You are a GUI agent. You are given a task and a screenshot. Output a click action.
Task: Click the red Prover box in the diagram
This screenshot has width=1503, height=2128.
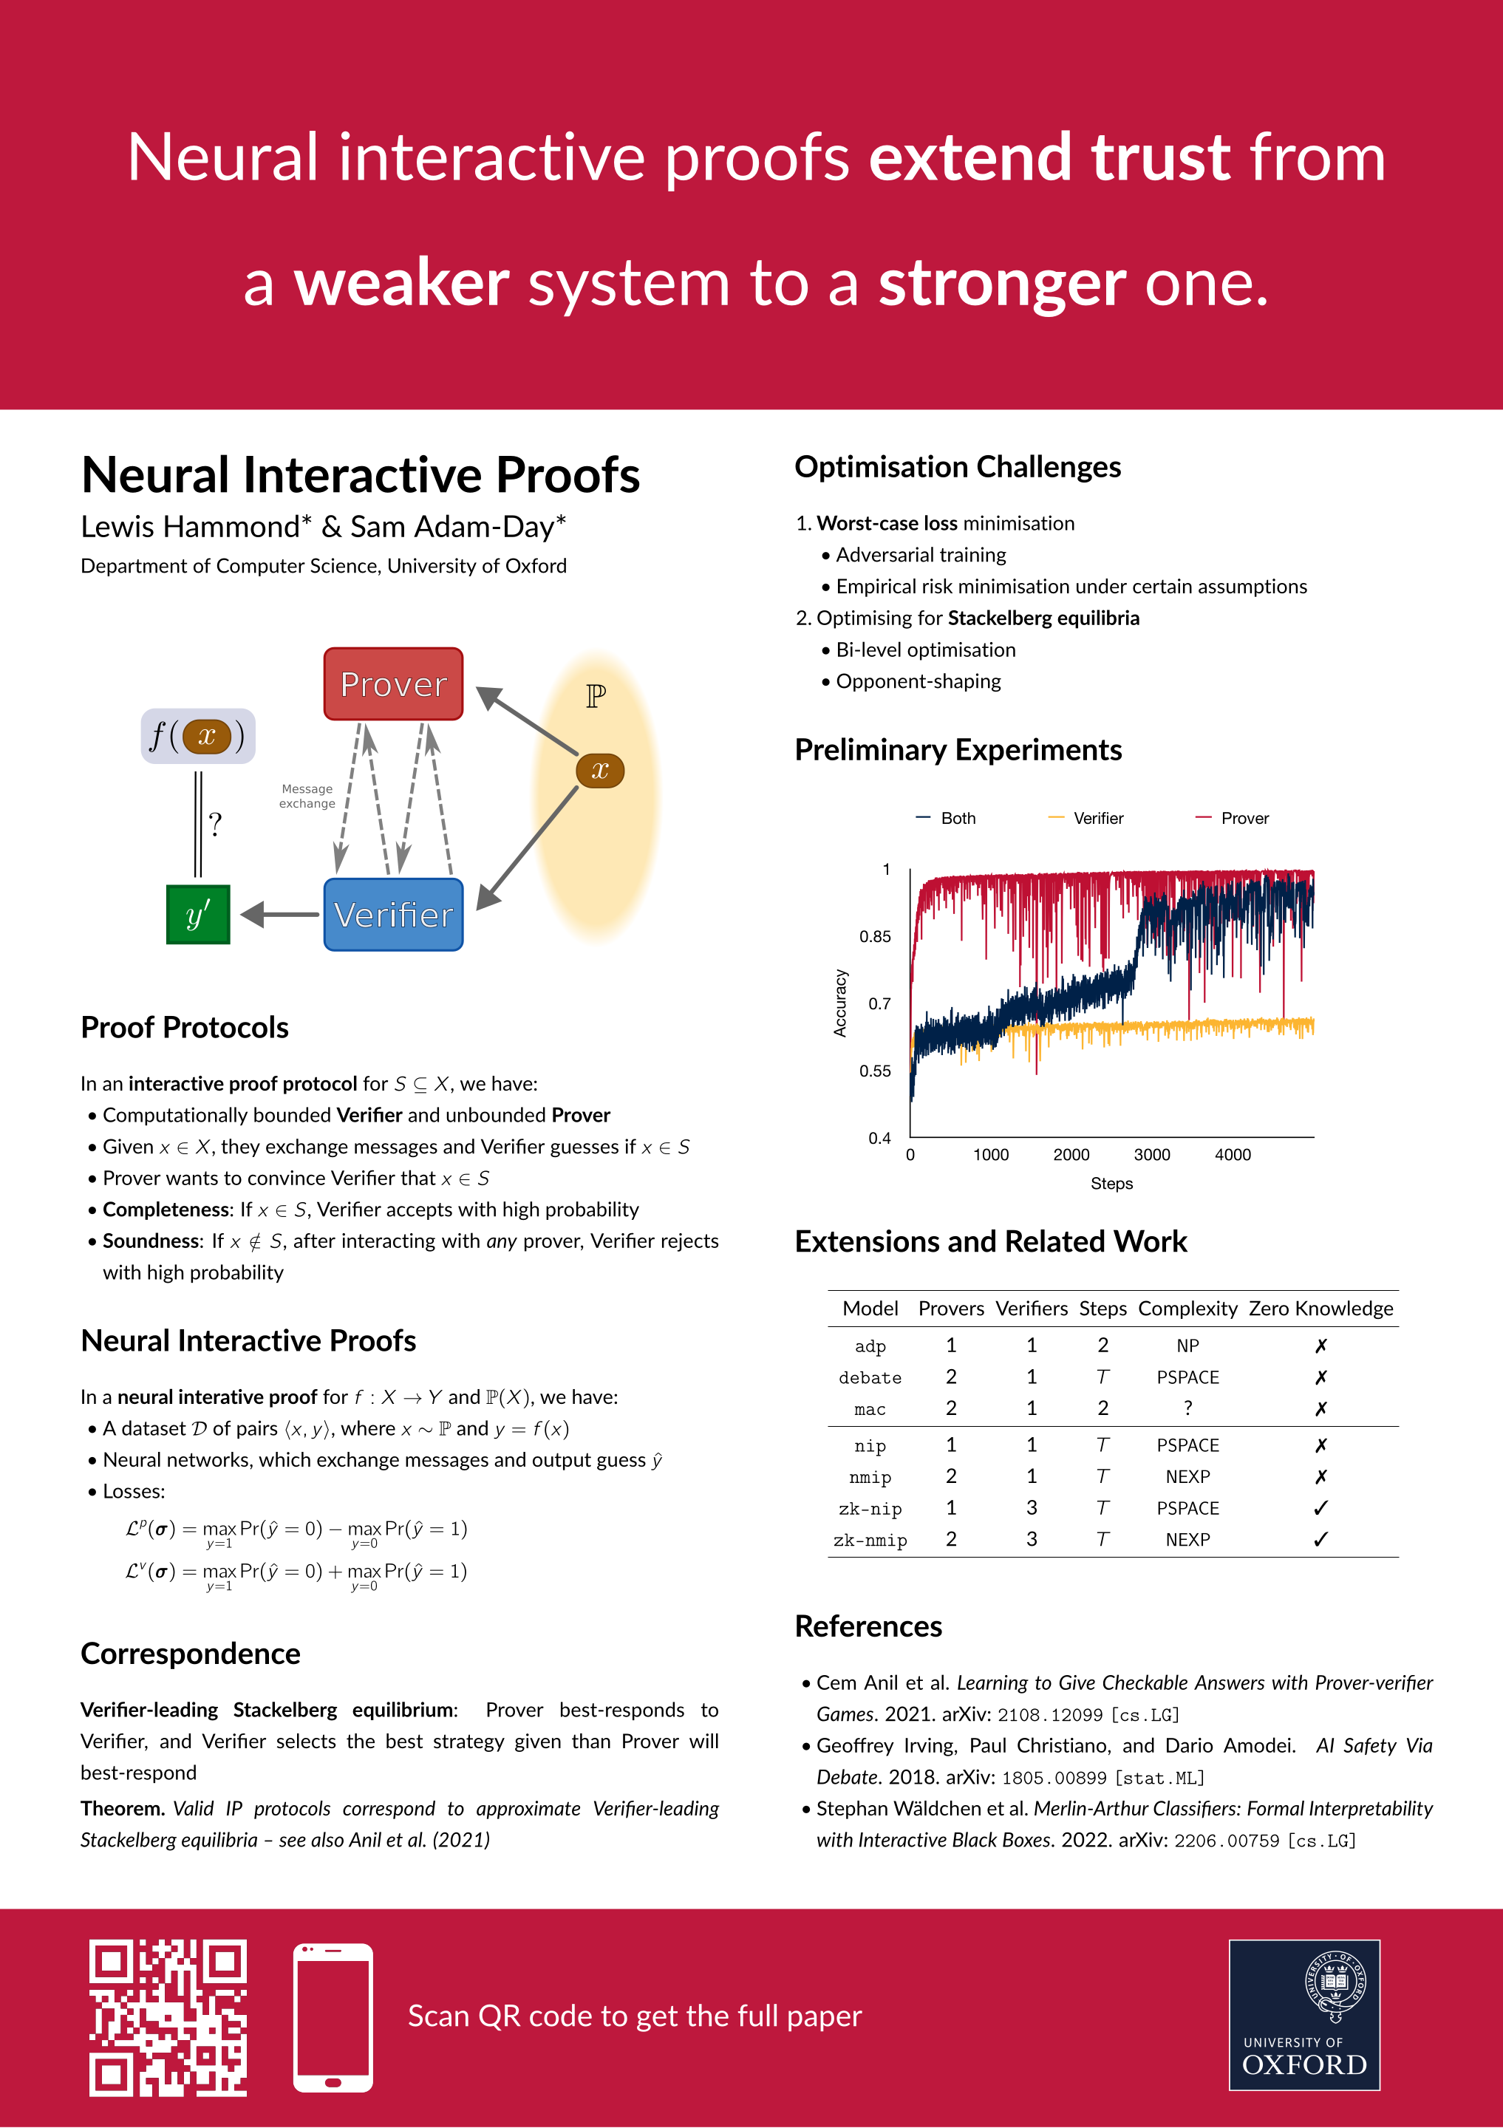(x=393, y=684)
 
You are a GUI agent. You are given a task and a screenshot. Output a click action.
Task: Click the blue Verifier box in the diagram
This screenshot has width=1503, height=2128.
(x=393, y=915)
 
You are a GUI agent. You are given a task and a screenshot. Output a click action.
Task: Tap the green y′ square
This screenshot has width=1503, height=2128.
(x=197, y=915)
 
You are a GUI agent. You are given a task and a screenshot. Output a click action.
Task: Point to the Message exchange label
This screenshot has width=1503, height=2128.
(x=307, y=796)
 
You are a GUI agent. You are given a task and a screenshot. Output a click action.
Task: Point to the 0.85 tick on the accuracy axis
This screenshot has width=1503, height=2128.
(x=875, y=937)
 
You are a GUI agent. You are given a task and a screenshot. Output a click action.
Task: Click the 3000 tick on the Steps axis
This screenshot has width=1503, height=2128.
(x=1152, y=1155)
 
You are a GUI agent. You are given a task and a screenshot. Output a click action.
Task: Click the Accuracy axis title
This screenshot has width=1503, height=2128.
(x=840, y=1003)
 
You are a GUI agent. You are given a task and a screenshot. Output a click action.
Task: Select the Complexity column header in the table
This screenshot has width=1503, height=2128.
(x=1187, y=1309)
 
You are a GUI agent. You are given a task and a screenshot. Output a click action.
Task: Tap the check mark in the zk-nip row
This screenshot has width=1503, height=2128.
(x=1320, y=1509)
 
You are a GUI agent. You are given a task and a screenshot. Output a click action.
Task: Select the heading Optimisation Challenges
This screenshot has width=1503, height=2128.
(x=957, y=467)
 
